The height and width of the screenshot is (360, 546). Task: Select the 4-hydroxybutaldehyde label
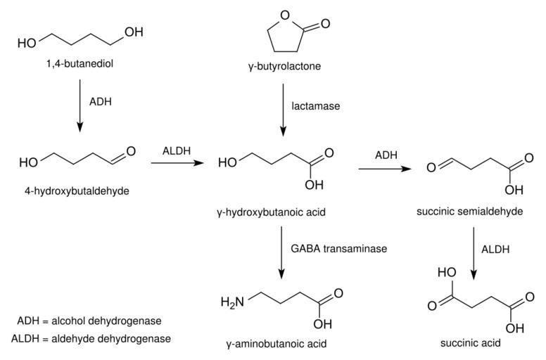click(x=74, y=191)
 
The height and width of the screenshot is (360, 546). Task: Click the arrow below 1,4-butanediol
click(x=80, y=105)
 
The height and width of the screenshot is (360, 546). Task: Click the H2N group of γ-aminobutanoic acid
click(x=233, y=302)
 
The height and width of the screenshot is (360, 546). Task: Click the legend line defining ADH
click(x=89, y=321)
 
